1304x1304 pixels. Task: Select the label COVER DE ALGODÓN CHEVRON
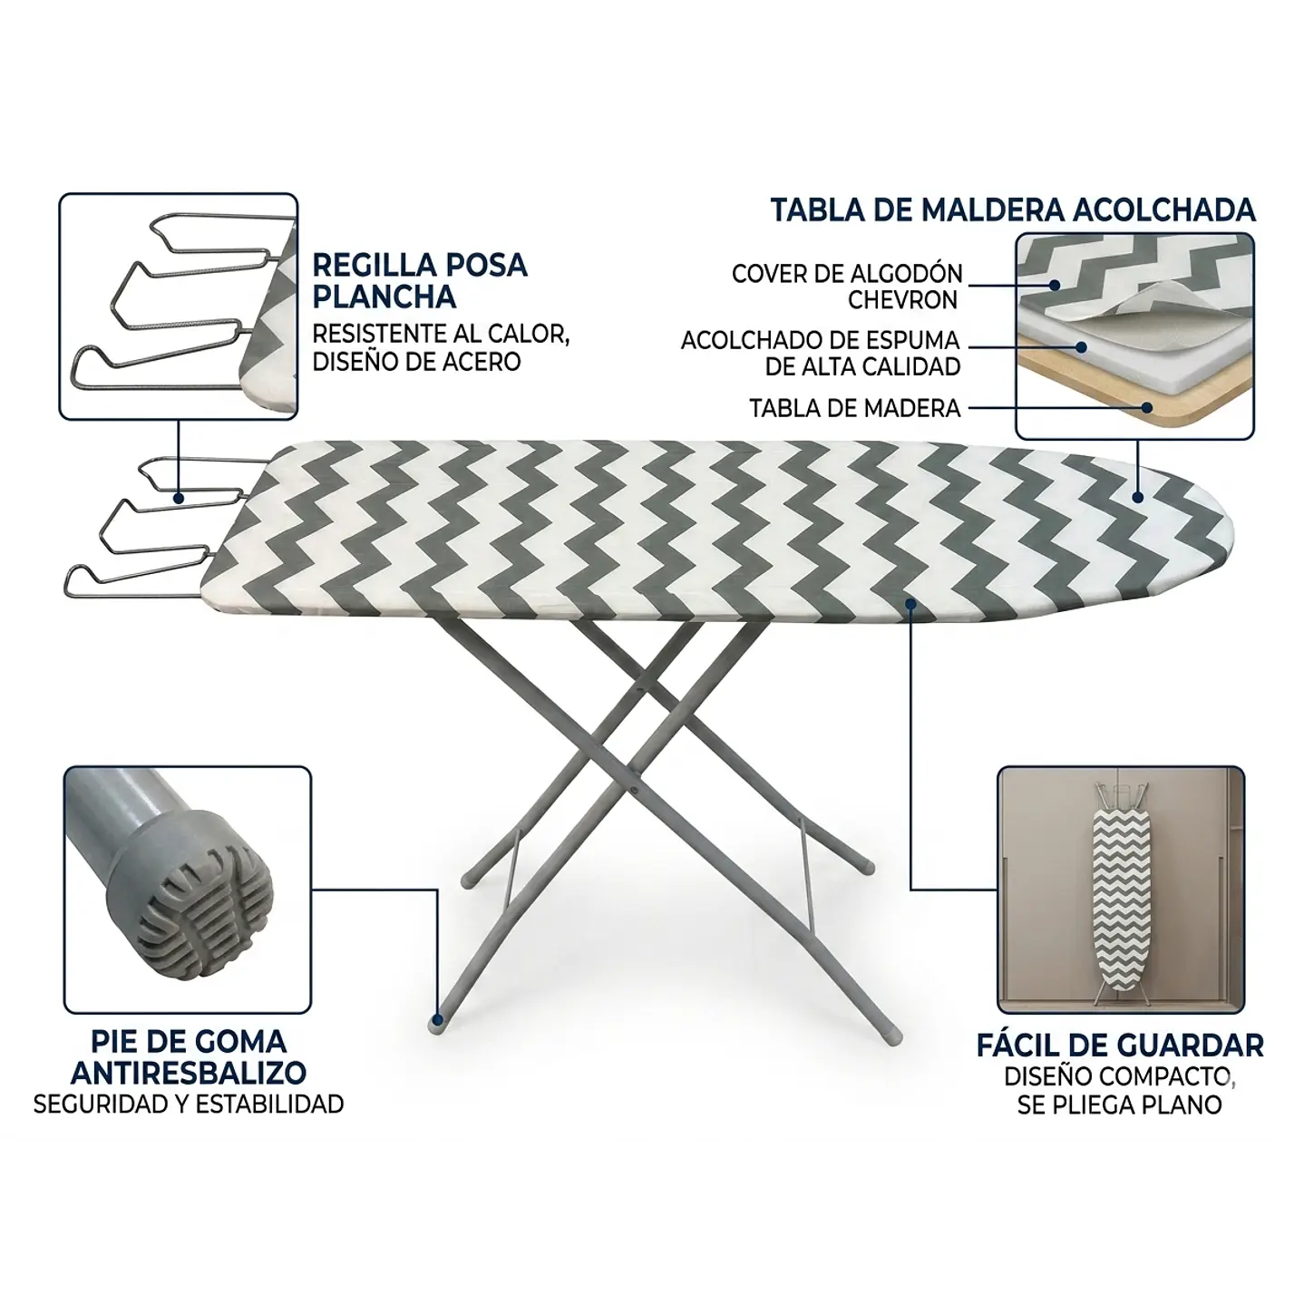pyautogui.click(x=846, y=287)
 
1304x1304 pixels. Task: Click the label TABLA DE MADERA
pyautogui.click(x=854, y=408)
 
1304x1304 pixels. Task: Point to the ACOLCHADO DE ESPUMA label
pyautogui.click(x=820, y=340)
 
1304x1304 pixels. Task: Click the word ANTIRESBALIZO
pyautogui.click(x=189, y=1074)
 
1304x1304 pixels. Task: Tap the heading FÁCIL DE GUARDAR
pyautogui.click(x=1119, y=1046)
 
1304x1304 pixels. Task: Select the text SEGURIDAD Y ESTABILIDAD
pyautogui.click(x=188, y=1105)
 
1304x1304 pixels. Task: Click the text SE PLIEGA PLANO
pyautogui.click(x=1119, y=1105)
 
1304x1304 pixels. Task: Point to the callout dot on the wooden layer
pyautogui.click(x=1146, y=407)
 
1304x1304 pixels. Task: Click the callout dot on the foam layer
pyautogui.click(x=1081, y=346)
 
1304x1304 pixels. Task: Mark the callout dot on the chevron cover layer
pyautogui.click(x=1055, y=285)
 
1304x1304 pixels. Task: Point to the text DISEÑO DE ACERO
pyautogui.click(x=416, y=362)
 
